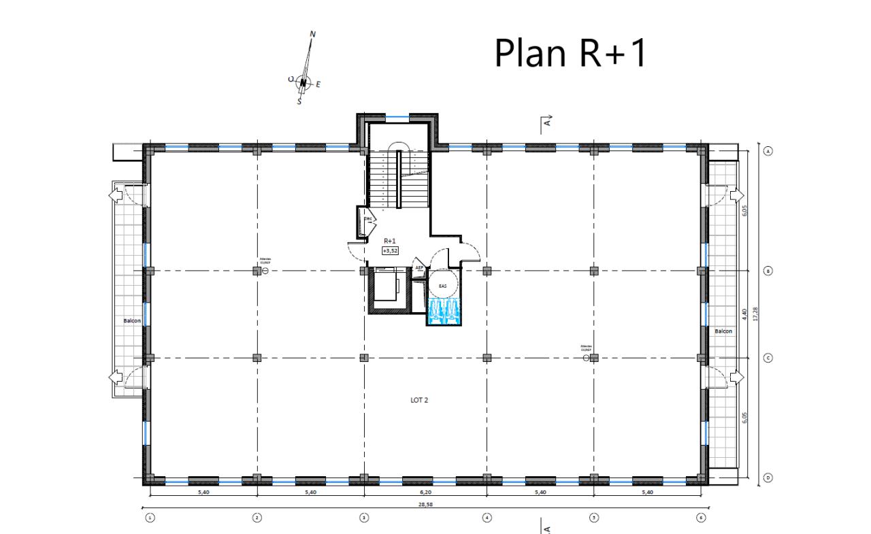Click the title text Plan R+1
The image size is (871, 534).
point(570,52)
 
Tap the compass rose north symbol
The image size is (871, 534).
point(304,83)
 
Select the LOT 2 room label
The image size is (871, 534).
point(419,400)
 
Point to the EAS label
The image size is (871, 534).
point(443,286)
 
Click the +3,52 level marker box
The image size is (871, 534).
point(390,250)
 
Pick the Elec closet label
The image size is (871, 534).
point(368,219)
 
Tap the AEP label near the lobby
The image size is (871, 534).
point(418,268)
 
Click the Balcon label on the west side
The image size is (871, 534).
point(132,320)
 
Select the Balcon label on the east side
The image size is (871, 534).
point(723,331)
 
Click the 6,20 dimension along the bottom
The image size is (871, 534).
point(425,492)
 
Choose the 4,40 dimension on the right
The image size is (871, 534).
point(745,314)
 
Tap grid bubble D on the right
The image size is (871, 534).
point(768,478)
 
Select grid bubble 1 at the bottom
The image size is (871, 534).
point(150,518)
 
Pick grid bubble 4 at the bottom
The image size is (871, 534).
point(487,518)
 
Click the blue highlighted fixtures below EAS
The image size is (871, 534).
point(444,312)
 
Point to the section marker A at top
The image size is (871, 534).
point(546,122)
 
